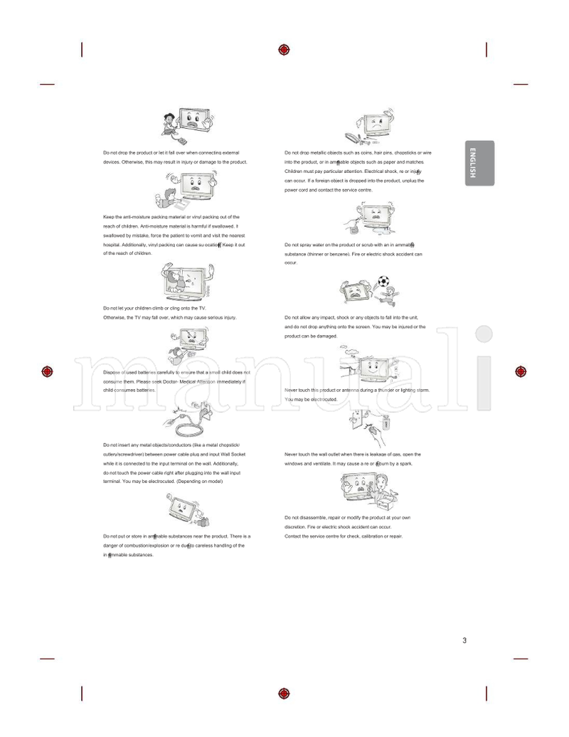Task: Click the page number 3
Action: pyautogui.click(x=464, y=641)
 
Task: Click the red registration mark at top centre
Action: pyautogui.click(x=284, y=49)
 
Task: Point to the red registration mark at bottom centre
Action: pyautogui.click(x=284, y=694)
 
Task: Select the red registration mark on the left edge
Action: pyautogui.click(x=48, y=371)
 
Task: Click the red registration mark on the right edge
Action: pyautogui.click(x=521, y=371)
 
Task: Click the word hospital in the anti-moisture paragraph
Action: pyautogui.click(x=114, y=244)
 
